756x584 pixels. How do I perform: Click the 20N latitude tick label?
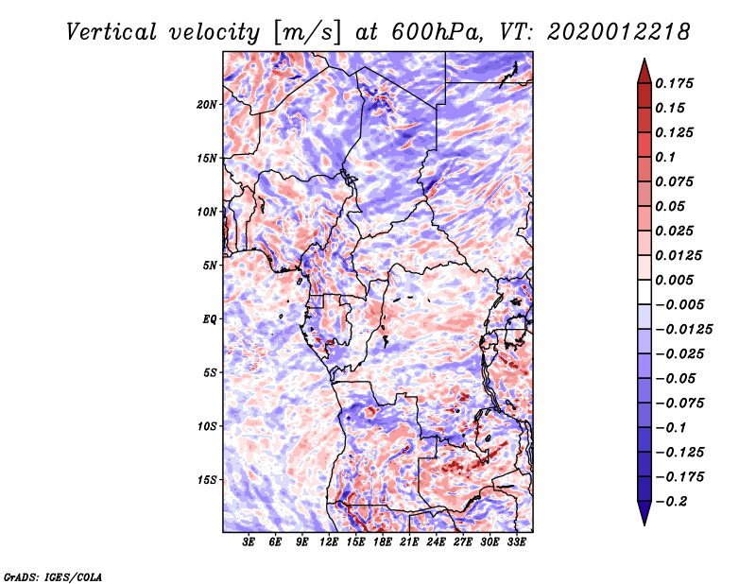(207, 105)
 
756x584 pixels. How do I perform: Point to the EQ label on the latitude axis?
(210, 319)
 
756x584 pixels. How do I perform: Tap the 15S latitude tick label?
(207, 480)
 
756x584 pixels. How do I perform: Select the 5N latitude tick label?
(210, 266)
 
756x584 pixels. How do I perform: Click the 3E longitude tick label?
(249, 541)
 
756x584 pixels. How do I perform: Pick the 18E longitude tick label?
(383, 541)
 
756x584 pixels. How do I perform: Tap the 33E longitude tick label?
(516, 541)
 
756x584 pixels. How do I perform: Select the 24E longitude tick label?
(436, 541)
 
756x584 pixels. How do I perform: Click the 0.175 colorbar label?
(674, 83)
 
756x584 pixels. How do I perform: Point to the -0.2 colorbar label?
(672, 502)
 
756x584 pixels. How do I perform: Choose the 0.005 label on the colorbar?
(674, 280)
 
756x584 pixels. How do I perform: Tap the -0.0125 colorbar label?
(683, 330)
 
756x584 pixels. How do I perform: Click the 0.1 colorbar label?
(665, 157)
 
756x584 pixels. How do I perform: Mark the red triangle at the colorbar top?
(644, 71)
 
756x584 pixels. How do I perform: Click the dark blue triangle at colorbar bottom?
(644, 513)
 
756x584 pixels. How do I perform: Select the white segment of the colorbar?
(644, 292)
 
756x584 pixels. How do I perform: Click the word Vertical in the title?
(112, 32)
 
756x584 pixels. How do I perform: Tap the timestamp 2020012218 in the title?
(619, 32)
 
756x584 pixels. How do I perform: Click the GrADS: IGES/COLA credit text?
(53, 576)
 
